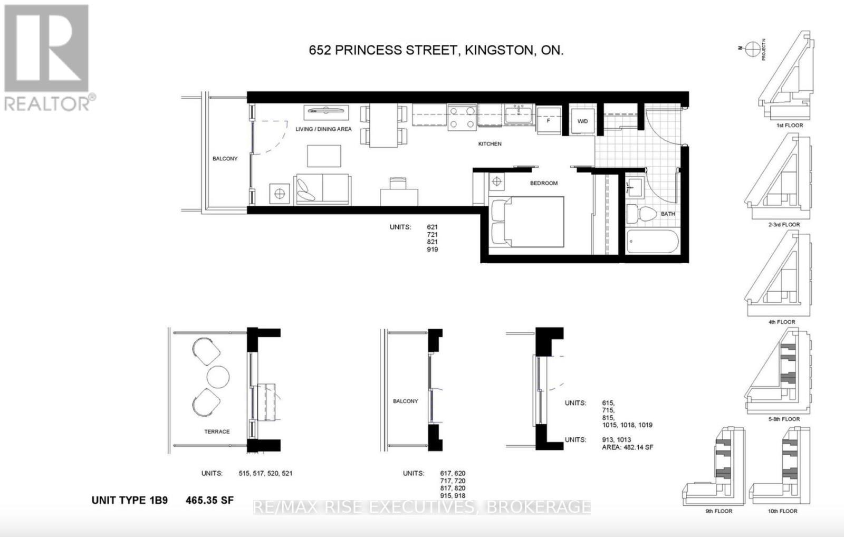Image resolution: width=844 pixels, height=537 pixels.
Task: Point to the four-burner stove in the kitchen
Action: click(x=462, y=117)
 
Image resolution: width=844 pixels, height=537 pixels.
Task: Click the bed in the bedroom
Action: click(x=527, y=222)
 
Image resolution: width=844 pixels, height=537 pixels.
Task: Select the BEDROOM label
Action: click(x=544, y=183)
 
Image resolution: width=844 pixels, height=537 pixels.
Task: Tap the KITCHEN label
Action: click(x=490, y=143)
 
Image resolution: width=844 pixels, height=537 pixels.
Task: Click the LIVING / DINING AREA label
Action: click(x=323, y=129)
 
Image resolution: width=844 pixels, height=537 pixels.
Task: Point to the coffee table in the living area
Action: click(x=324, y=156)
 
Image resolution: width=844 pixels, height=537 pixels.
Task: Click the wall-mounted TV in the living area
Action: click(x=327, y=111)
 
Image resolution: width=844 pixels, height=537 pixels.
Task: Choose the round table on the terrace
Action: click(x=218, y=376)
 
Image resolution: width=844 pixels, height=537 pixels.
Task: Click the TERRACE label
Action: click(x=217, y=431)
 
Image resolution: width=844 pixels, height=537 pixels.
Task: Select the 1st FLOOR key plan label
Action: click(x=790, y=126)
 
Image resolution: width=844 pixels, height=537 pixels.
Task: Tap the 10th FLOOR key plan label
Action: click(x=783, y=511)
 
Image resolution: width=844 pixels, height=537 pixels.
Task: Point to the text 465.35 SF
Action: click(x=209, y=500)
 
